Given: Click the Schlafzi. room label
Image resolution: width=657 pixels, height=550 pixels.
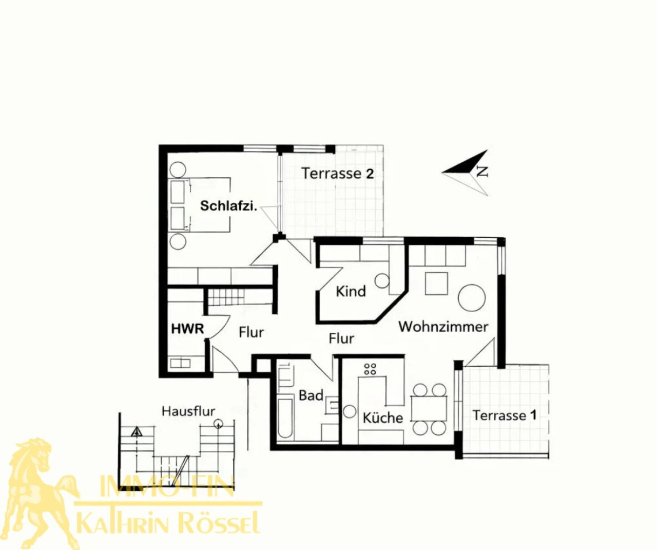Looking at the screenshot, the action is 229,206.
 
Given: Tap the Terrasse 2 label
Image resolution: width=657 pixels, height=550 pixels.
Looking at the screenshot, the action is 338,174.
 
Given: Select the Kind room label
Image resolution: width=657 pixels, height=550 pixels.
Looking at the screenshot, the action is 351,291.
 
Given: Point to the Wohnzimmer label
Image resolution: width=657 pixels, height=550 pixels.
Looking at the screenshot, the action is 443,327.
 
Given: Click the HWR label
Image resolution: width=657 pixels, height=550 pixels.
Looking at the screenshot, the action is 187,329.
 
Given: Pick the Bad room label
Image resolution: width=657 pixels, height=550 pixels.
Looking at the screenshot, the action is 311,396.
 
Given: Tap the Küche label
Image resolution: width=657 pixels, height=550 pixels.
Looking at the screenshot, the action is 382,418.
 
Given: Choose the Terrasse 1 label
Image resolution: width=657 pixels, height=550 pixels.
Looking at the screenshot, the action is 505,415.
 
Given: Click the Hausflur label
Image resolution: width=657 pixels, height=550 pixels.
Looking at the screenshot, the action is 188,411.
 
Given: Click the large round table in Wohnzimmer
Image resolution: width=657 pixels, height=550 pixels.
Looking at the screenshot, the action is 472,298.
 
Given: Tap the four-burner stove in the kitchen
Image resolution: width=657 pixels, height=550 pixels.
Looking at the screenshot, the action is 370,369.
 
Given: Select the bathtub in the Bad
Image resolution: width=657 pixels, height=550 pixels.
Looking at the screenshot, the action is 285,419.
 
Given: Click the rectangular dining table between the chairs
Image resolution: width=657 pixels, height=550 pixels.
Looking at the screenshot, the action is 429,408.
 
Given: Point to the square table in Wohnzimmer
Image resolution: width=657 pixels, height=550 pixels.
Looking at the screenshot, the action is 436,283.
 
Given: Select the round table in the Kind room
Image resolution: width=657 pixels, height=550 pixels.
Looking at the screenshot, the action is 382,281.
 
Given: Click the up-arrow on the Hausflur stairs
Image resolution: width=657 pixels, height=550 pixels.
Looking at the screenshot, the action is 137,431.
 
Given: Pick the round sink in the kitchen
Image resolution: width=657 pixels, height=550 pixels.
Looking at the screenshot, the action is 349,411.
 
